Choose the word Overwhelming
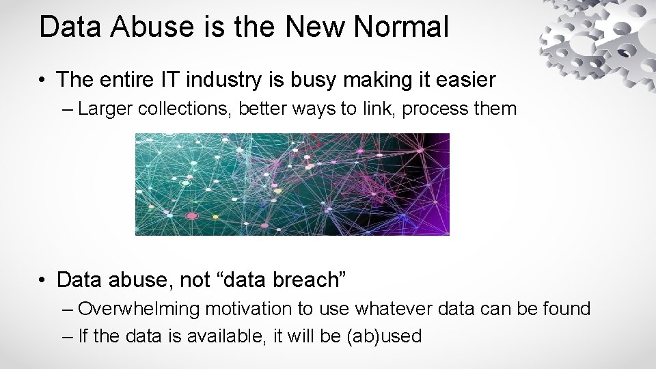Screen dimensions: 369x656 (x=139, y=310)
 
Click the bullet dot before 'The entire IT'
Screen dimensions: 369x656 (x=43, y=81)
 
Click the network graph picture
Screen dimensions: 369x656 (x=292, y=184)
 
